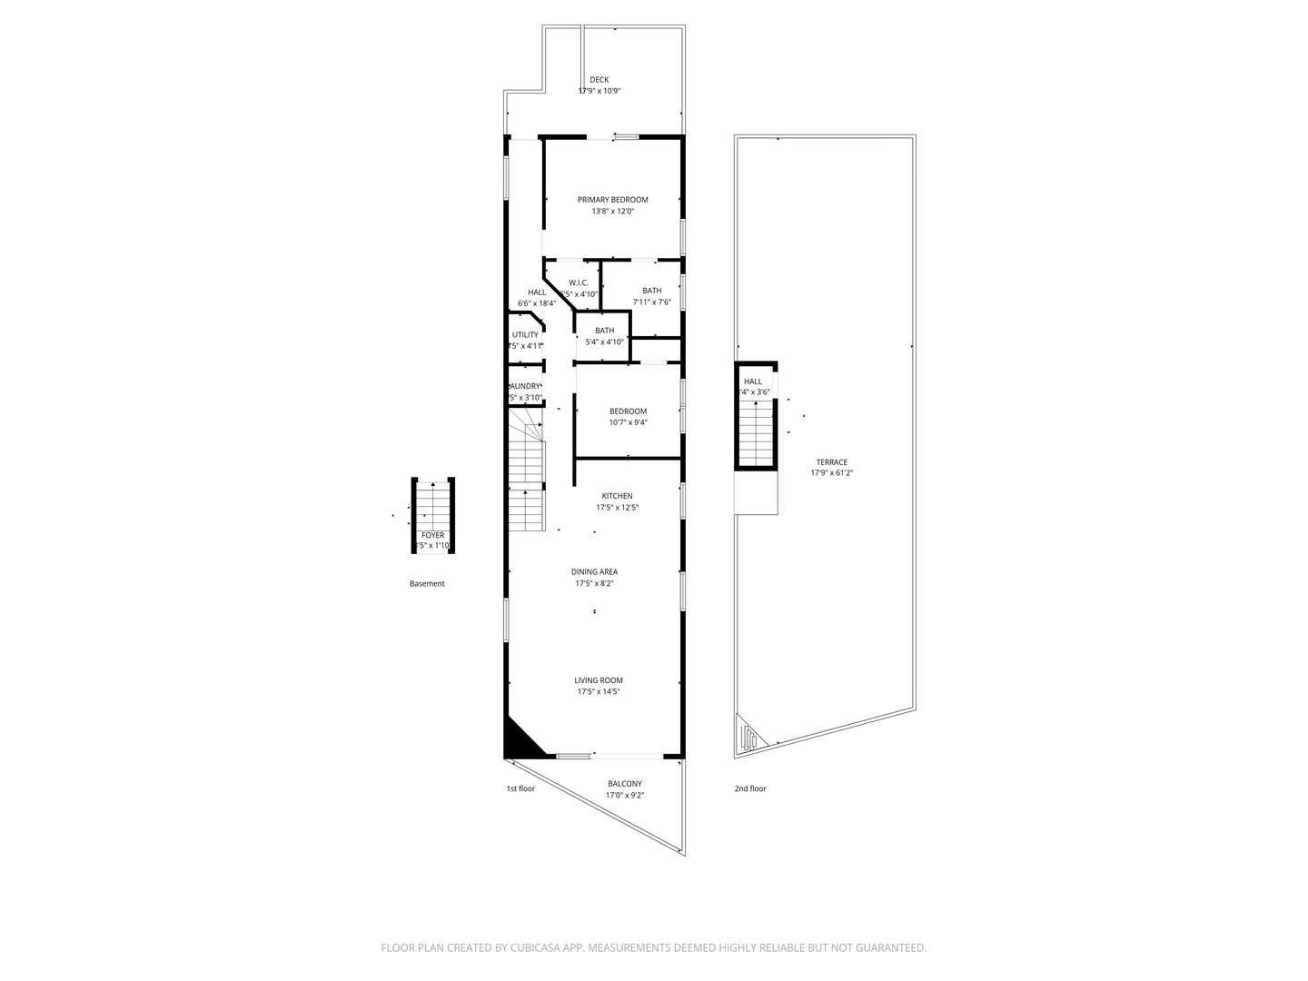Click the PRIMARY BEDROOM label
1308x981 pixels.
(613, 200)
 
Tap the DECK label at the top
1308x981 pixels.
(599, 80)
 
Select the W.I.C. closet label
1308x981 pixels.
(579, 282)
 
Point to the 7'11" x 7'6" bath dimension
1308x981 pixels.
(652, 302)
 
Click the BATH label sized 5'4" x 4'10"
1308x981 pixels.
(605, 331)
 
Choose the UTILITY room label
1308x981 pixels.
(525, 334)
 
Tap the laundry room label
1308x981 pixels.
(525, 386)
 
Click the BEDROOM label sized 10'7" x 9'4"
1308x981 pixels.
(628, 411)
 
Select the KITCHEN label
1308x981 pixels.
(618, 496)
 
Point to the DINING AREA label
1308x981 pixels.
(595, 572)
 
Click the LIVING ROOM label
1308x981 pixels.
(599, 680)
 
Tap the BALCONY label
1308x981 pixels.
(625, 784)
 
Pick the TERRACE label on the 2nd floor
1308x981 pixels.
(831, 462)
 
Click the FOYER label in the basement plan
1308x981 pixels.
(433, 535)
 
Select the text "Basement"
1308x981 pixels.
(427, 584)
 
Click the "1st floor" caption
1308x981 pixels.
(520, 788)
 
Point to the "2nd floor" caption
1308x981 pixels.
(750, 788)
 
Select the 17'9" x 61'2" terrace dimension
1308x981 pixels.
(832, 473)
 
